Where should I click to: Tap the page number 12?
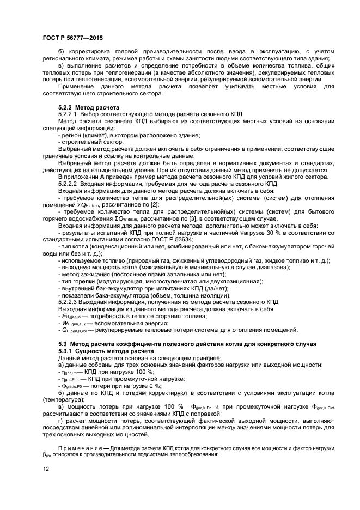46,477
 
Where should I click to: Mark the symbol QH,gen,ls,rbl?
80,330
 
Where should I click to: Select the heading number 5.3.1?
66,352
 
